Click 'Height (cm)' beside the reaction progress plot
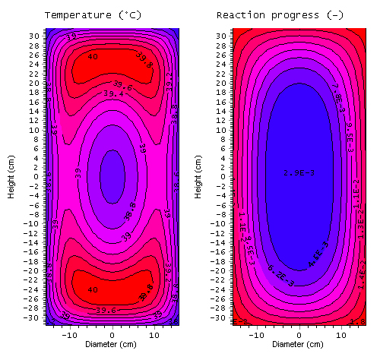click(198, 177)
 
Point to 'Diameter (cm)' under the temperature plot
click(112, 343)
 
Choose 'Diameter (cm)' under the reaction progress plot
click(298, 343)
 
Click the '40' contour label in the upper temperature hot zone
click(92, 56)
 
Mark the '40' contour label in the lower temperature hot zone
click(92, 289)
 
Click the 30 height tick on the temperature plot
click(35, 36)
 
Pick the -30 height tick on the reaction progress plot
click(220, 317)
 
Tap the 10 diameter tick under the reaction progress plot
click(341, 334)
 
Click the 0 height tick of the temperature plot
click(37, 176)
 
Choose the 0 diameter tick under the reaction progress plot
click(298, 334)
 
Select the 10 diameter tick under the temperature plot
click(155, 334)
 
